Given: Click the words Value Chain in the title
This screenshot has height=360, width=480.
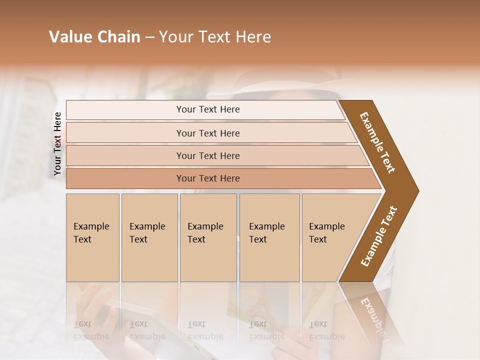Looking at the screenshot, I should (x=94, y=37).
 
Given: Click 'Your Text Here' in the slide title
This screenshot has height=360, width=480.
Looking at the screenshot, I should (x=215, y=37).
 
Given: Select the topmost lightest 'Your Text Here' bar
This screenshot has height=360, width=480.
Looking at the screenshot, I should (x=207, y=109).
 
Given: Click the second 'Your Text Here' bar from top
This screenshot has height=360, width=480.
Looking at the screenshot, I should (x=207, y=133).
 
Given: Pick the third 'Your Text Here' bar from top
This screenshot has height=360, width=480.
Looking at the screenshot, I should (x=207, y=155).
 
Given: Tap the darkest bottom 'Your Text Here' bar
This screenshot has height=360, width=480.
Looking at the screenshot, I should (x=207, y=178).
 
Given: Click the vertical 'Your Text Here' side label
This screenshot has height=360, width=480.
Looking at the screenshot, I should (x=57, y=143).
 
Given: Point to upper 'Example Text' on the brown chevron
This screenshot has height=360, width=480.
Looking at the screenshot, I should (x=377, y=142).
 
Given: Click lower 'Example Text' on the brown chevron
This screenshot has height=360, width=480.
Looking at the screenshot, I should (x=379, y=236).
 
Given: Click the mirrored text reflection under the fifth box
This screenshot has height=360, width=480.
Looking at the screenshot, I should (x=326, y=330).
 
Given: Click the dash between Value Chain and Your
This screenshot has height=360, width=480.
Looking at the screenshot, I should (x=149, y=37).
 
